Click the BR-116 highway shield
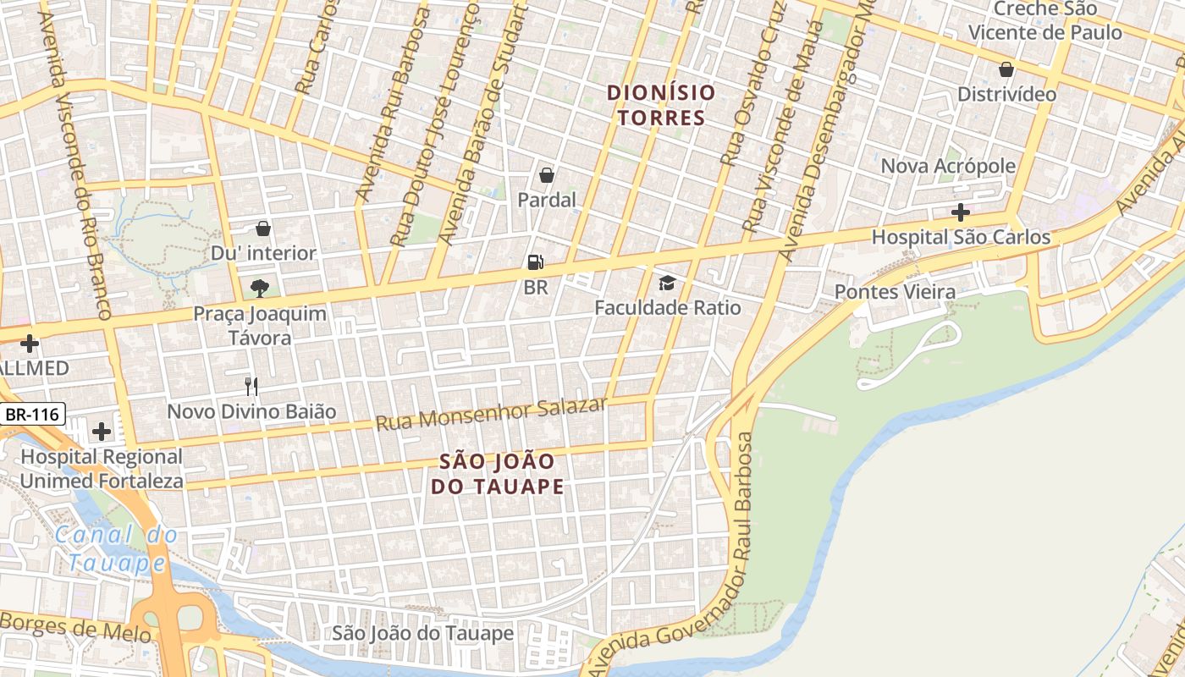pos(33,415)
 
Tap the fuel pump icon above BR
pos(535,263)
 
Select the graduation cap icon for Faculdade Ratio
pos(668,283)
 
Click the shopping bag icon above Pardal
pos(547,175)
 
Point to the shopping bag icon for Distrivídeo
pos(1006,69)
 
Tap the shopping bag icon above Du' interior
pos(263,228)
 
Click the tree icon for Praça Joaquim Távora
pos(260,288)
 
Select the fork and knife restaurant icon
pos(251,387)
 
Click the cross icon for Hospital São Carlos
pos(960,212)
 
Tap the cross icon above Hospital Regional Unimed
pos(102,432)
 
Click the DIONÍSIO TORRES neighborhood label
pos(661,105)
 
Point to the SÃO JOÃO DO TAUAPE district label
pos(497,474)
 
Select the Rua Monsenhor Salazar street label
pos(491,414)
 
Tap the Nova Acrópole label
pos(948,166)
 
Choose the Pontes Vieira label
pos(895,292)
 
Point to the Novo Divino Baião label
pos(251,412)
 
